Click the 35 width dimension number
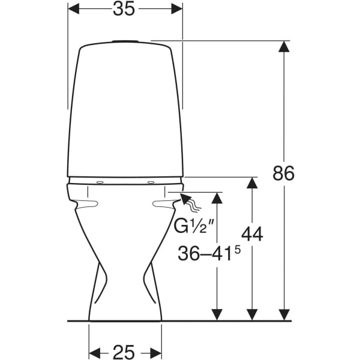tap(124, 9)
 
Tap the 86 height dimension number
tap(284, 173)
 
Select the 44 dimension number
tap(252, 234)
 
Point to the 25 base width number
tap(124, 352)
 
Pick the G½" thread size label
tap(194, 226)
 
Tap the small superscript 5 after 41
tap(238, 250)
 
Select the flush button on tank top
tap(125, 41)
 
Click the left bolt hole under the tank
tap(100, 182)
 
